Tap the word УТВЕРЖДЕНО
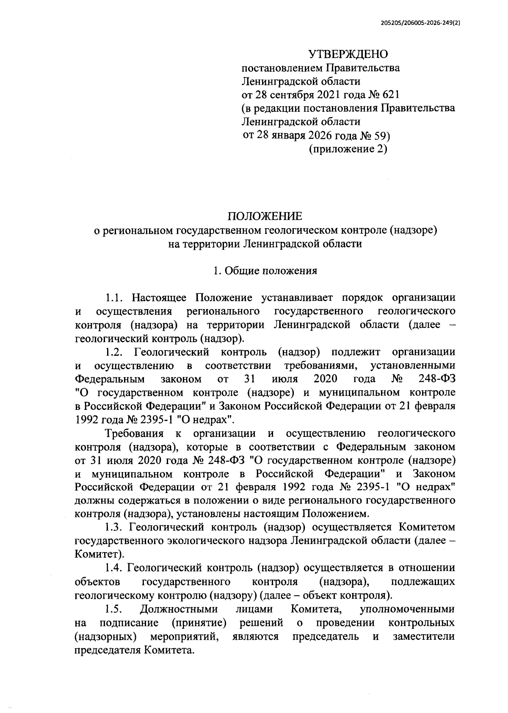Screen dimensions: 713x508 tap(348, 54)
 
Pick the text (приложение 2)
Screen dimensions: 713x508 tap(348, 149)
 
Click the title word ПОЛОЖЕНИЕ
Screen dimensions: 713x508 tap(265, 216)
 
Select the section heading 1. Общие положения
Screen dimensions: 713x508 tap(265, 271)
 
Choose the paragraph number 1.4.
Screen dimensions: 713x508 tap(114, 568)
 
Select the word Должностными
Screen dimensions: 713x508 tap(179, 609)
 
